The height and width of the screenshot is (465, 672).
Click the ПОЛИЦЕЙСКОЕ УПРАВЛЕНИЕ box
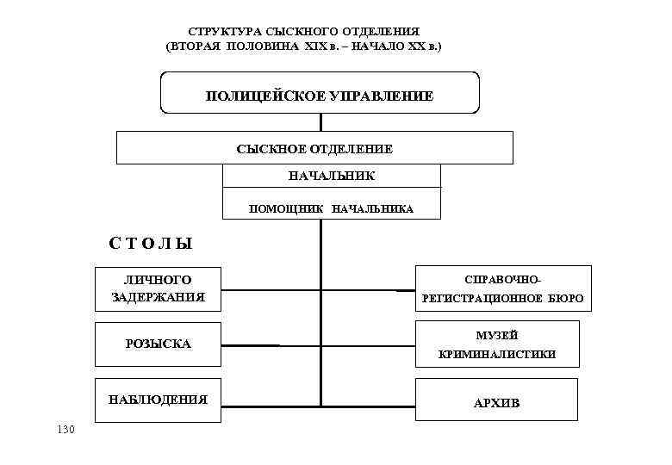(320, 93)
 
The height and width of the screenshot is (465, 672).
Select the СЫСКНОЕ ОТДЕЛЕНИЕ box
(314, 148)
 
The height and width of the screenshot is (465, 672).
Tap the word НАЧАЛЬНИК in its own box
(332, 176)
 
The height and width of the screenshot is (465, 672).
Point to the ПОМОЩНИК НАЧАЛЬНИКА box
(332, 208)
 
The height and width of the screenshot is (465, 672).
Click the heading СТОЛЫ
(151, 244)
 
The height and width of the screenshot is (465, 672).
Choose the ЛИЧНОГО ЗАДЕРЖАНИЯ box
(158, 288)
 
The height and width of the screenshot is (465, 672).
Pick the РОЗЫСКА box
(158, 344)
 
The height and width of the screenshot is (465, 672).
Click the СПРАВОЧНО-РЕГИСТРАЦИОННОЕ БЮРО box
(503, 288)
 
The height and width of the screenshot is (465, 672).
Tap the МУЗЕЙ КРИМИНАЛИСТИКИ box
(496, 344)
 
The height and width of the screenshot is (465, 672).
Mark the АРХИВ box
(496, 402)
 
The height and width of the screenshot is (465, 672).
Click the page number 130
(65, 429)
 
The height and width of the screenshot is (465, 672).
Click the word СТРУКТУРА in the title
(227, 30)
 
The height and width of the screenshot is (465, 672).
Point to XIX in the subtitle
(316, 45)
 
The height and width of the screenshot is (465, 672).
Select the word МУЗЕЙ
(497, 334)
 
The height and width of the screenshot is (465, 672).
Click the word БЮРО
(565, 300)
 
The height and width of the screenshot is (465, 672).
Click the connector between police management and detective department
(320, 121)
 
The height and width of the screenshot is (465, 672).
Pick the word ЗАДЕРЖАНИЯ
(159, 298)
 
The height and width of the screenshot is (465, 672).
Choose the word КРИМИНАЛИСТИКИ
(497, 354)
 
